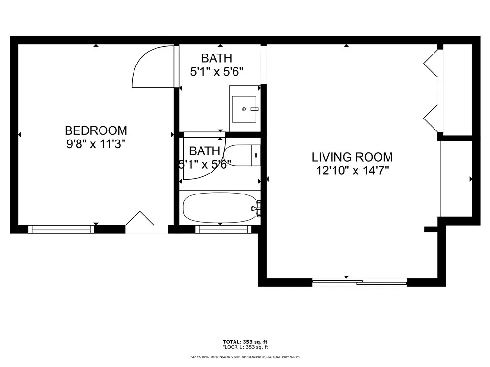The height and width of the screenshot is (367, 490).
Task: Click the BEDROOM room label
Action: tap(96, 130)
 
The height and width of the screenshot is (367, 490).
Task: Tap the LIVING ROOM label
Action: tap(352, 157)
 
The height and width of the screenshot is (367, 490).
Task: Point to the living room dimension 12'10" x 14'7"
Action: tap(352, 170)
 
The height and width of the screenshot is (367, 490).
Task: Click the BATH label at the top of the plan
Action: tap(216, 58)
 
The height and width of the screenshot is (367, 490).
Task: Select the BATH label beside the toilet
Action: tap(204, 151)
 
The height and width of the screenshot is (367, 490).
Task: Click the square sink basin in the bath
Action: tap(245, 109)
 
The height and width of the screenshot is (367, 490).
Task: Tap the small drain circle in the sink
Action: tap(244, 109)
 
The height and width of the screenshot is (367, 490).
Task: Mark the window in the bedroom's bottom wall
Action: tap(61, 229)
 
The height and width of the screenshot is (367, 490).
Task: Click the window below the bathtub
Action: tap(223, 229)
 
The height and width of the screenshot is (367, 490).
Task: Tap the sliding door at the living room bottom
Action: tap(359, 282)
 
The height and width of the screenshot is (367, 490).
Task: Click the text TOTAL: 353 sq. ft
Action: tap(245, 342)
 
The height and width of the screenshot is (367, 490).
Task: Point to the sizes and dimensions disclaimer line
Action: tap(245, 357)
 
